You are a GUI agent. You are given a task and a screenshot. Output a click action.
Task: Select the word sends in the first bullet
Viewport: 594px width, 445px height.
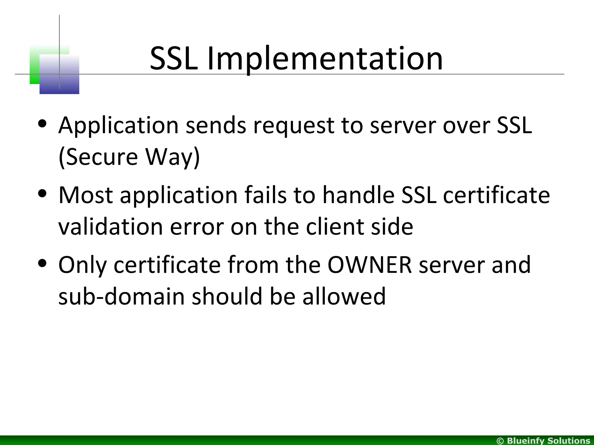point(216,125)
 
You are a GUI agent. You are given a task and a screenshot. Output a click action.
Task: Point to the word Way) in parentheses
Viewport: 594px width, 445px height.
point(173,157)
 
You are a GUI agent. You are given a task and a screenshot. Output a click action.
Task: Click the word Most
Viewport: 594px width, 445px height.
point(86,195)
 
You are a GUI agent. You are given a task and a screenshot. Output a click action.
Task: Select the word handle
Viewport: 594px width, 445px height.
point(358,195)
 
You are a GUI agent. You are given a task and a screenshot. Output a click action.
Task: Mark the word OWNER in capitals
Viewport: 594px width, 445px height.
point(370,265)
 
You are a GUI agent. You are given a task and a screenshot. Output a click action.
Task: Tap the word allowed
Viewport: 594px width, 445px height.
point(344,296)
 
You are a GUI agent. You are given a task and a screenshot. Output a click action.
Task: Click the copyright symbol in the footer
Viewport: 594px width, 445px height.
point(500,441)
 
